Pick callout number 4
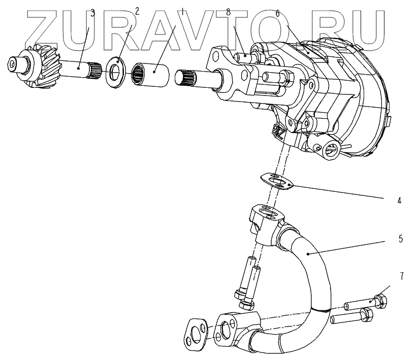tap(399, 201)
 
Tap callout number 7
tap(401, 276)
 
